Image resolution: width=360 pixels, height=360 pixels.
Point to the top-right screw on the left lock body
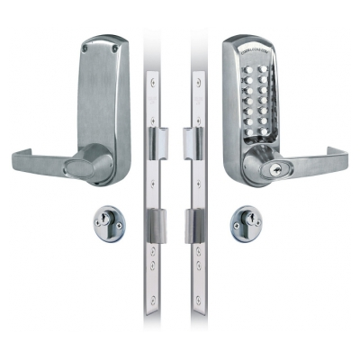pyautogui.click(x=112, y=40)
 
